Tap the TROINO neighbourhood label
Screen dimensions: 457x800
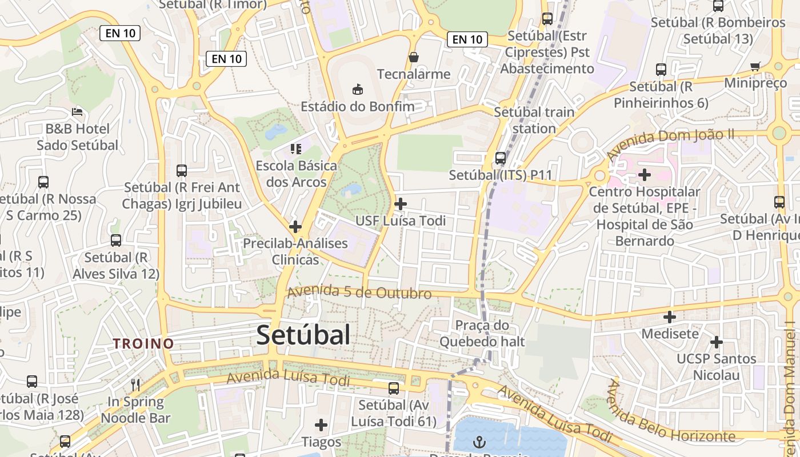click(x=143, y=343)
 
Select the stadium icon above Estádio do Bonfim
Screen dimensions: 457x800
click(x=358, y=89)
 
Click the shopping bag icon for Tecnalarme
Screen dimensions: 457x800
click(x=414, y=57)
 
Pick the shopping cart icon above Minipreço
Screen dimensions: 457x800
click(x=755, y=66)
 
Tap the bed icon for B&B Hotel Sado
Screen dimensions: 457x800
click(x=77, y=111)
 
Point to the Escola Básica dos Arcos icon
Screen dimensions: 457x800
click(x=295, y=149)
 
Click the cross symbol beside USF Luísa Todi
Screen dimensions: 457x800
click(x=401, y=203)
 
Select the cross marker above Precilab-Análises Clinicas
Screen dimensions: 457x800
click(x=295, y=227)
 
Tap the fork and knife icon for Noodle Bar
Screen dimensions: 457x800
click(x=135, y=384)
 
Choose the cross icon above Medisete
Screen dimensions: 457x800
click(x=670, y=316)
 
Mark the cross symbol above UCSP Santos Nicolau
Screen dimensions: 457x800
click(x=716, y=342)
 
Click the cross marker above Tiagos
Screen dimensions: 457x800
click(x=321, y=425)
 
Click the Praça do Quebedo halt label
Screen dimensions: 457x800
click(x=482, y=334)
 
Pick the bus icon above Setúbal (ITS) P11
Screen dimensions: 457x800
click(x=501, y=158)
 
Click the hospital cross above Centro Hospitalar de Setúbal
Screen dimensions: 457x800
click(x=645, y=175)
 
